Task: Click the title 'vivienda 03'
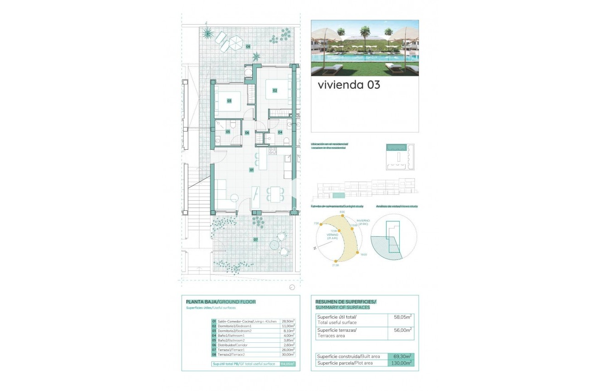[349, 85]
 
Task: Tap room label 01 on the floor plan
[251, 170]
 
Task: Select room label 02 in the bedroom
[275, 91]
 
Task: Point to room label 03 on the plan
[229, 101]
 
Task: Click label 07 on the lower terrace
[255, 239]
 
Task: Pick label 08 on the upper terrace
[248, 46]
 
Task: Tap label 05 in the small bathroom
[228, 132]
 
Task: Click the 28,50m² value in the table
[288, 321]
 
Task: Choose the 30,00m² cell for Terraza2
[288, 354]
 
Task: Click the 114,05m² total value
[288, 364]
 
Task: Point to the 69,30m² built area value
[401, 356]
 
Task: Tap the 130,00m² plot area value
[401, 363]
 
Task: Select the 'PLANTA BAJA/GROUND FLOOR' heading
[221, 302]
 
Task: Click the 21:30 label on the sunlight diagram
[336, 265]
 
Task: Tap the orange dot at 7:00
[321, 224]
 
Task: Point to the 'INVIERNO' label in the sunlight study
[363, 221]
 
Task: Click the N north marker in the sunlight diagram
[315, 248]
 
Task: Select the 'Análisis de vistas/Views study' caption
[397, 206]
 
